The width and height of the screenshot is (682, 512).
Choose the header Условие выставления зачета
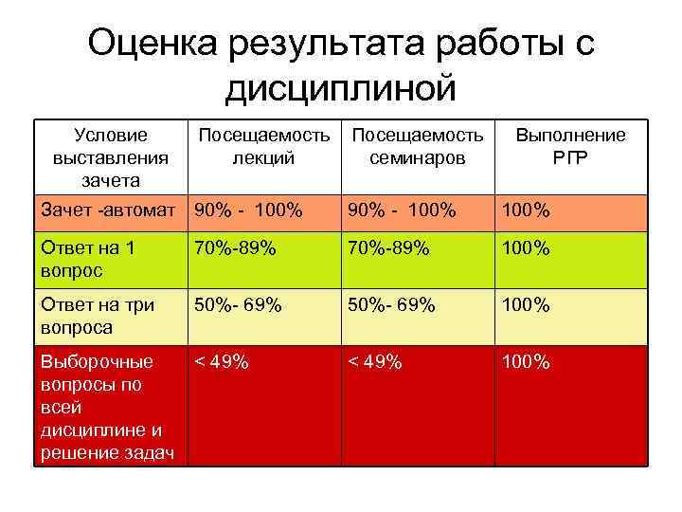point(111,156)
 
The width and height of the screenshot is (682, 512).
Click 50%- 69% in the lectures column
point(238,305)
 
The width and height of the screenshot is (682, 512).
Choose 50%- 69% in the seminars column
point(391,305)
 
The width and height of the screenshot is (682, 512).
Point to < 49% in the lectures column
point(222,362)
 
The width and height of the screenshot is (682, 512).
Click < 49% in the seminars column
point(375,362)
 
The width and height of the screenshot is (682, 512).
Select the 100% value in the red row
point(526,362)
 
